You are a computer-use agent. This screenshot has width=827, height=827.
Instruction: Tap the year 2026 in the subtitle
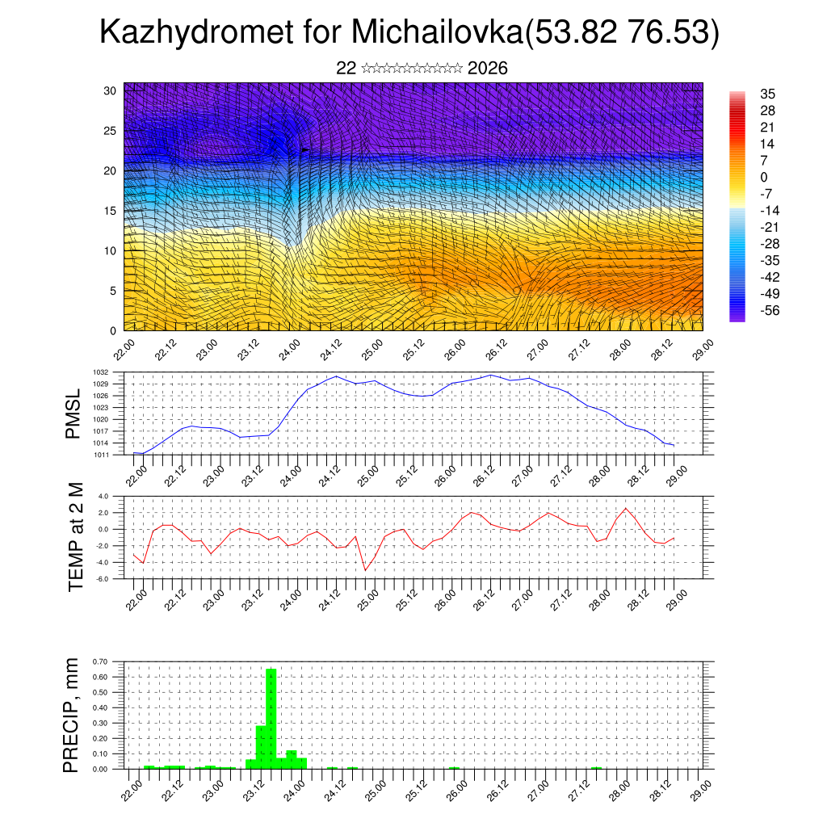pyautogui.click(x=487, y=69)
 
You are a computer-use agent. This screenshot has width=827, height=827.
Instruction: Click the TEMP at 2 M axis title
pyautogui.click(x=76, y=537)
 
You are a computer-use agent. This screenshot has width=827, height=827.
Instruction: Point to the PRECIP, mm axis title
pyautogui.click(x=72, y=715)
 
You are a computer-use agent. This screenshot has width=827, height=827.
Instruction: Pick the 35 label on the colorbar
pyautogui.click(x=768, y=94)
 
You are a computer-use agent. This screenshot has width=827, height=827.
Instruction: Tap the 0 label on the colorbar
pyautogui.click(x=764, y=177)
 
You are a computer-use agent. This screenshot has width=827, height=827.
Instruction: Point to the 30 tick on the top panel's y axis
pyautogui.click(x=110, y=90)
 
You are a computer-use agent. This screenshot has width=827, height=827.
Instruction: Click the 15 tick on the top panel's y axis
pyautogui.click(x=110, y=211)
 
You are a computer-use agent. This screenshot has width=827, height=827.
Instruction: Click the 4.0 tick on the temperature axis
pyautogui.click(x=103, y=497)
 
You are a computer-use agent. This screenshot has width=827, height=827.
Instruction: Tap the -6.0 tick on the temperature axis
pyautogui.click(x=103, y=579)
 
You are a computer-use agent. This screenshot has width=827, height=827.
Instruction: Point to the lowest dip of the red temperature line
pyautogui.click(x=365, y=570)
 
